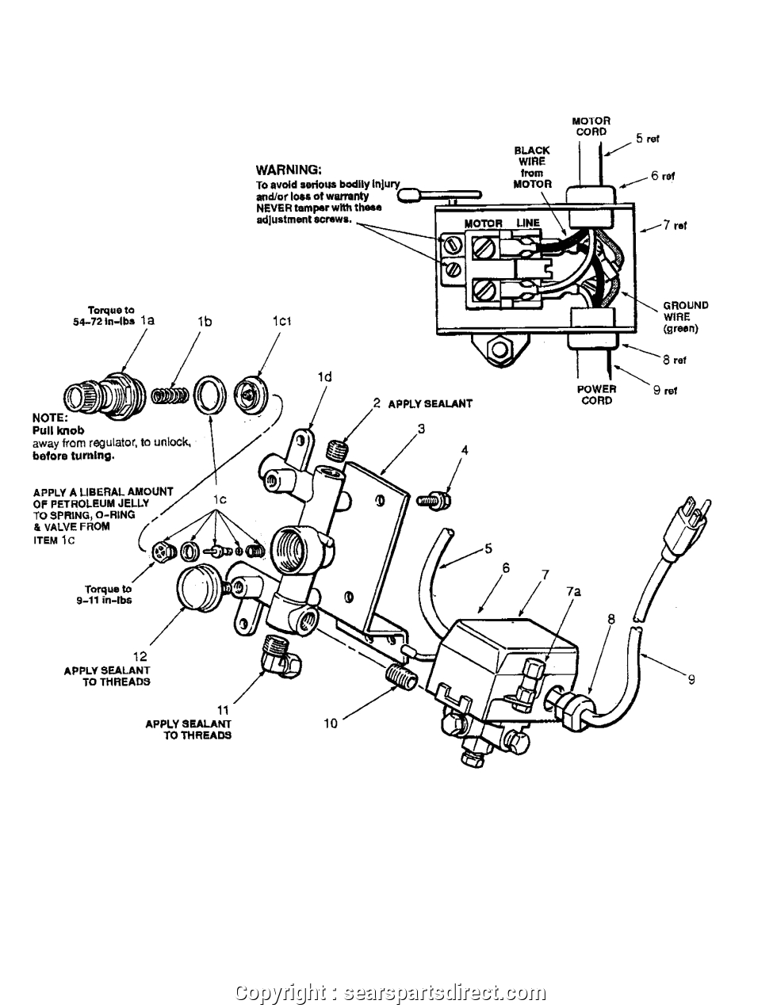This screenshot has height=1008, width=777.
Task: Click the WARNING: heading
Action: click(x=288, y=170)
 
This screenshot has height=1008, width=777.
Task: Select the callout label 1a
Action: click(x=147, y=321)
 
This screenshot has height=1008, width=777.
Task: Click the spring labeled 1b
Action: click(x=170, y=393)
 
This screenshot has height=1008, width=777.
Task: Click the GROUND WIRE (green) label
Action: click(x=685, y=316)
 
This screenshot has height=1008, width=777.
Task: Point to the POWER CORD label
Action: click(x=596, y=395)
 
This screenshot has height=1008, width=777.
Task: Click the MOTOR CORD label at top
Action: click(x=591, y=126)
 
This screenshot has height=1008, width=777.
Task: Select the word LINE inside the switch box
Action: click(x=528, y=223)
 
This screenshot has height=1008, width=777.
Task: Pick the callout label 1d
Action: click(x=324, y=377)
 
